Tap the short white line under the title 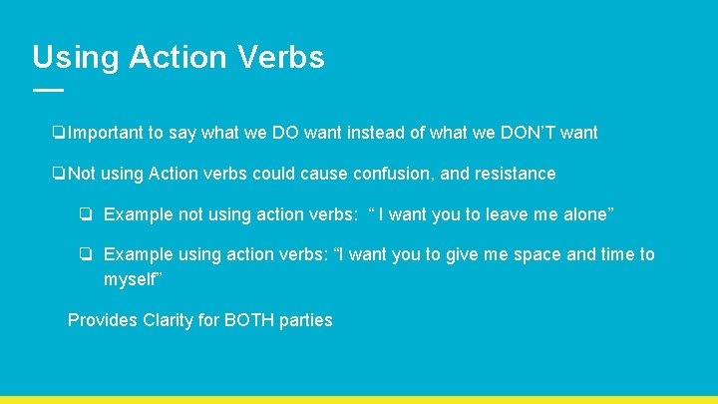point(48,90)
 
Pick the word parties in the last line point(307,320)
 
